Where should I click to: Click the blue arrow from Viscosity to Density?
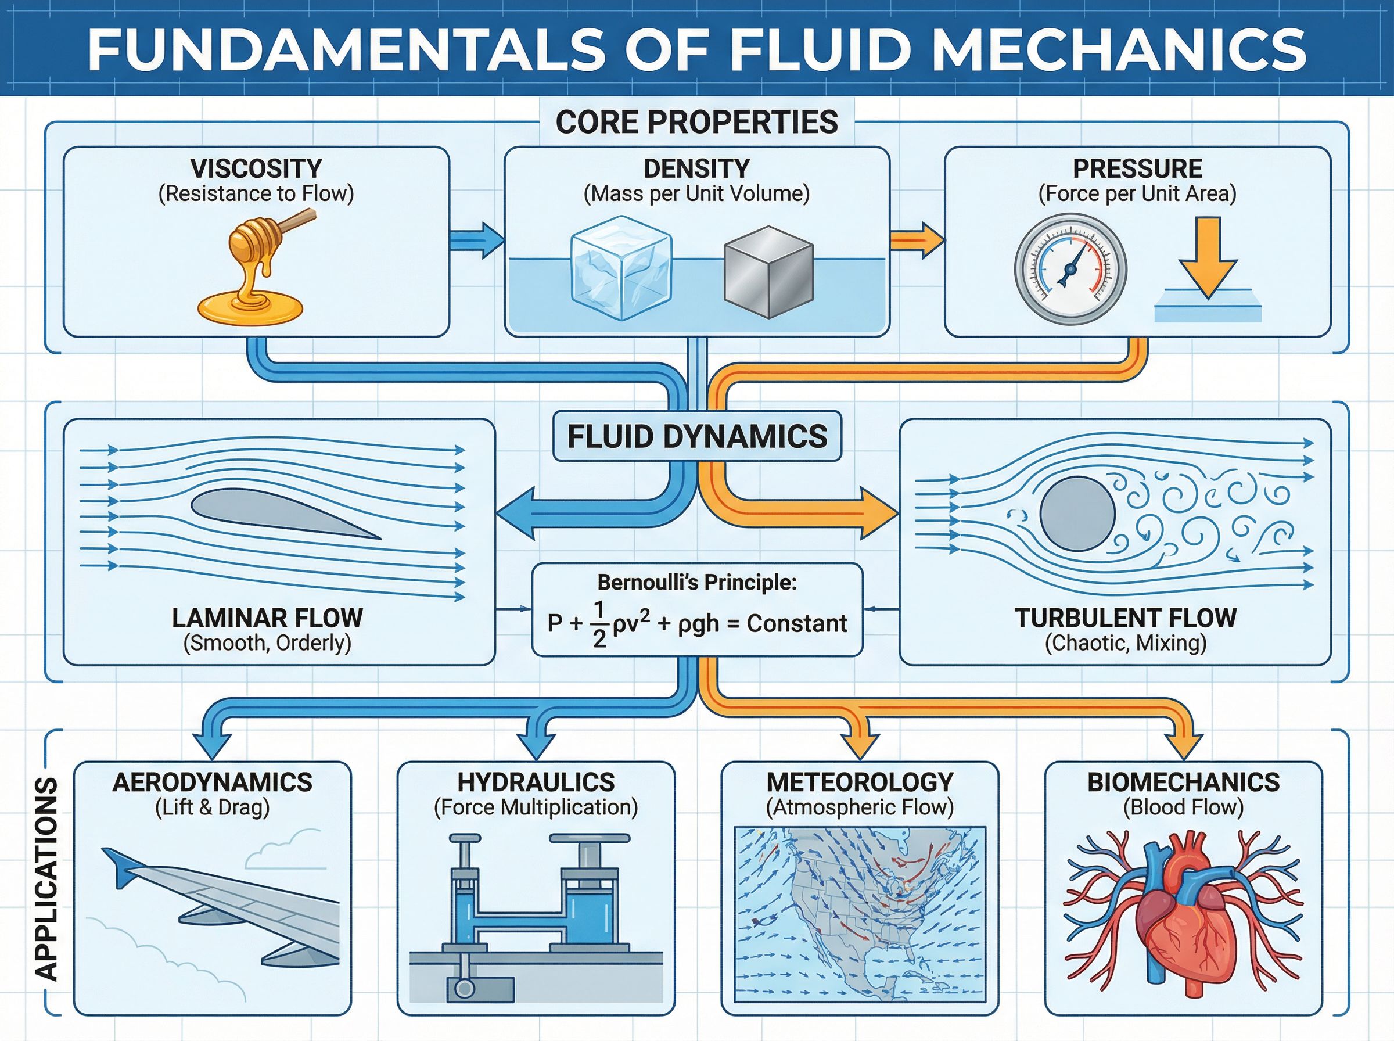pos(477,240)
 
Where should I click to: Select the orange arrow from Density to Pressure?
pos(917,240)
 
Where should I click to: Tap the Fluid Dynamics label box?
pos(696,437)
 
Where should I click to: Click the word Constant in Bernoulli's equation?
pos(796,623)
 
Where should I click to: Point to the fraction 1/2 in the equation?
pos(598,624)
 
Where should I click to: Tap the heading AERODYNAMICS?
pos(212,782)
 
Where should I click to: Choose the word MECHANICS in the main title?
pos(1119,49)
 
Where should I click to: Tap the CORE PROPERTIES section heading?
pos(696,121)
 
